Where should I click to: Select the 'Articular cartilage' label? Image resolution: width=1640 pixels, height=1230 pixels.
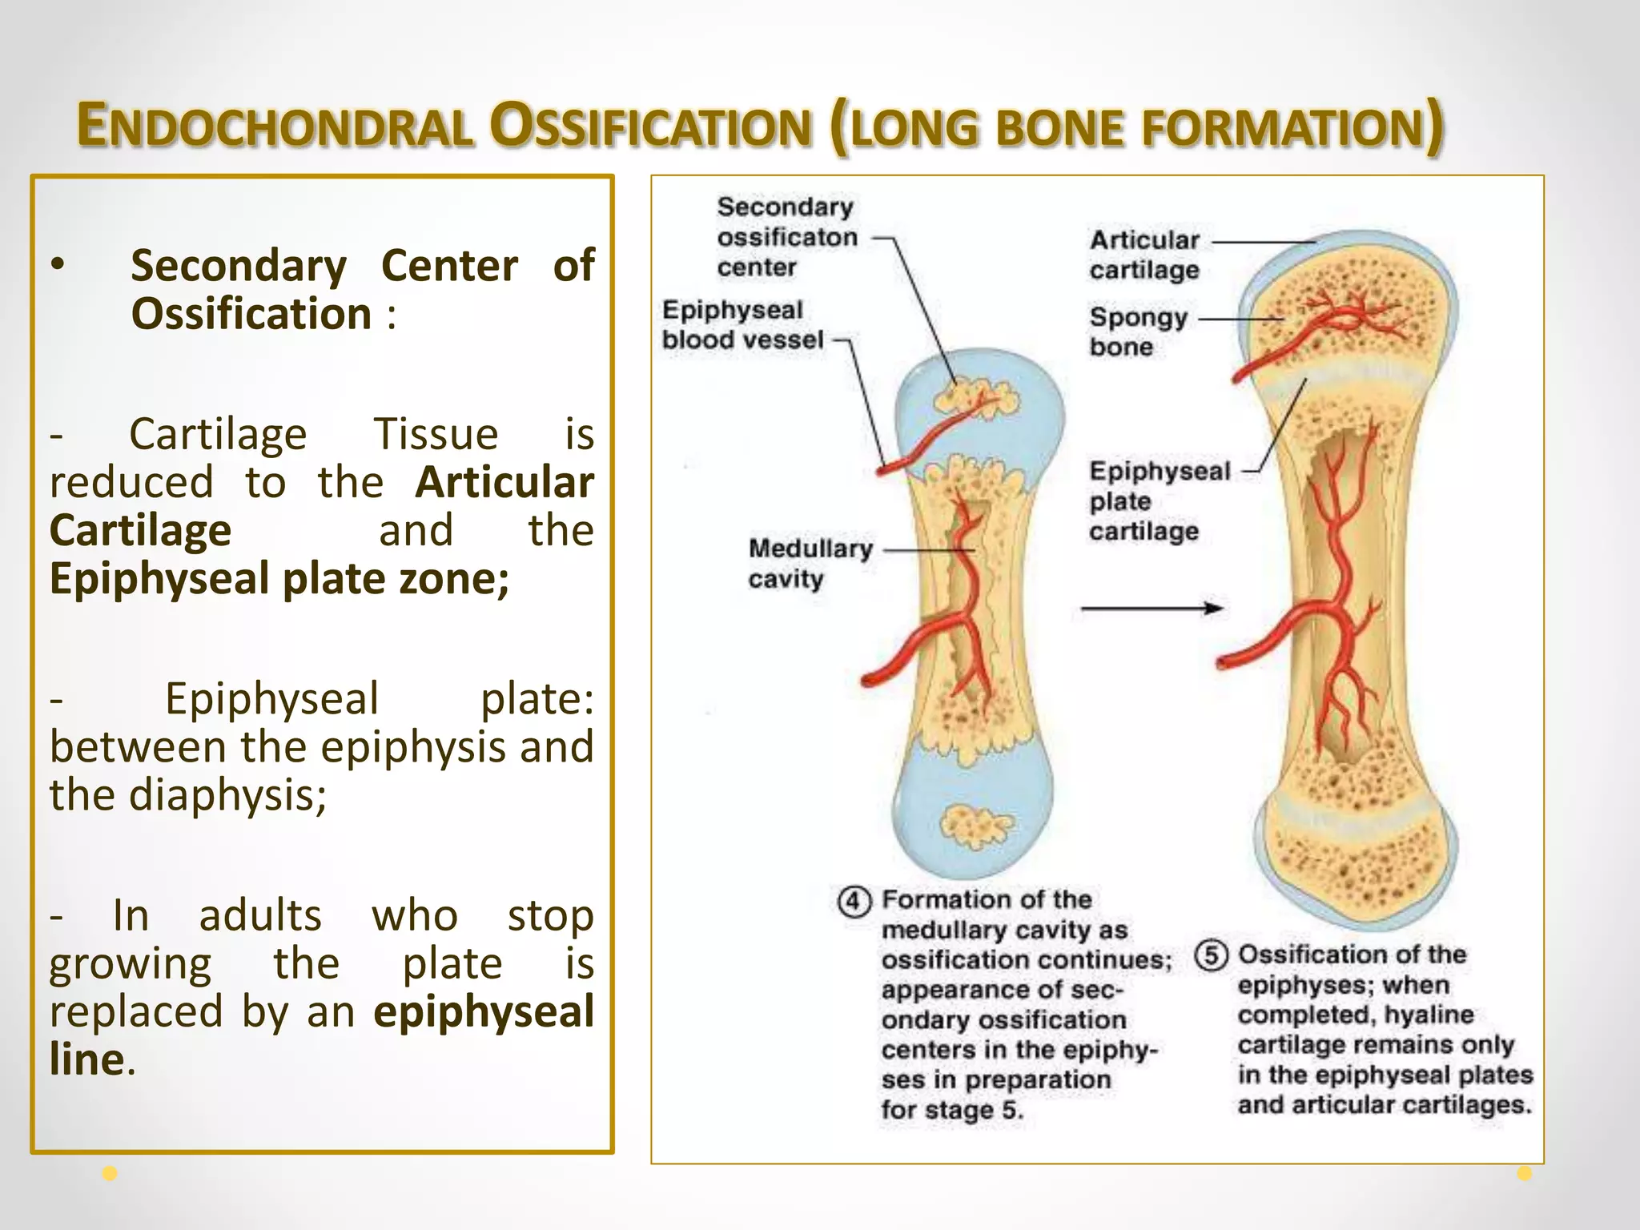coord(1144,255)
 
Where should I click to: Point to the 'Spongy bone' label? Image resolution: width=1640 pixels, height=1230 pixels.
coord(1137,332)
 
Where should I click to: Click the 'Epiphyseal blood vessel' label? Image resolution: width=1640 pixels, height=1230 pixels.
coord(742,325)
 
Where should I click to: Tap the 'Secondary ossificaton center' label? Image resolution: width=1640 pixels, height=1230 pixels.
coord(786,237)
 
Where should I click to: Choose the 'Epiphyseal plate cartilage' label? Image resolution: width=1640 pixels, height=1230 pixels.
coord(1158,500)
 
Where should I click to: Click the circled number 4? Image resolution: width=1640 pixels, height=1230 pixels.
coord(854,902)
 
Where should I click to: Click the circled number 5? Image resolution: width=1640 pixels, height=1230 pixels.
coord(1211,955)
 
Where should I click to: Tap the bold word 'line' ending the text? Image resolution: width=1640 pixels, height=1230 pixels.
coord(86,1059)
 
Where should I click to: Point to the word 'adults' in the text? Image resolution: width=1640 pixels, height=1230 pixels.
coord(260,915)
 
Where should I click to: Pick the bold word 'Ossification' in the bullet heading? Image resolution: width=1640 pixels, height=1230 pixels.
coord(251,313)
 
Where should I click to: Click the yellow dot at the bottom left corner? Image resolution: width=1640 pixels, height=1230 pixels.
coord(111,1174)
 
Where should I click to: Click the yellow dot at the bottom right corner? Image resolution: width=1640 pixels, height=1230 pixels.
coord(1525,1174)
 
